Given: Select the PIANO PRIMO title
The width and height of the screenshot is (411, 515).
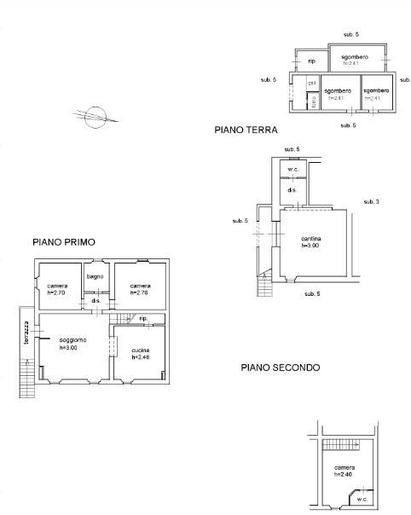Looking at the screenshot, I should (x=64, y=242).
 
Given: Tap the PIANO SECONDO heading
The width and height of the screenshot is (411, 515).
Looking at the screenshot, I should (x=280, y=368).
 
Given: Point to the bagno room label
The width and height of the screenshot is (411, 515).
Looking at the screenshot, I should (x=95, y=276).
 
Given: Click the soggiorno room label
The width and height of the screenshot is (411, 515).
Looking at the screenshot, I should (x=67, y=340).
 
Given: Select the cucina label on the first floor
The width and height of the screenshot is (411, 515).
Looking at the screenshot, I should (x=141, y=350).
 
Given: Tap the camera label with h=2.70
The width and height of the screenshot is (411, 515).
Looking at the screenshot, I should (x=57, y=286).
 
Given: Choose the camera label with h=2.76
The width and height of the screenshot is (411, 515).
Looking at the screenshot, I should (x=140, y=286).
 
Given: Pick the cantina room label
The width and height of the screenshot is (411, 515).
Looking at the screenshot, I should (x=310, y=238).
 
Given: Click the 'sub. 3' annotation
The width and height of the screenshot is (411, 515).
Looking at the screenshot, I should (x=371, y=201).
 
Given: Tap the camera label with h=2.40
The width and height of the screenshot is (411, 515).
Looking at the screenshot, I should (x=344, y=468).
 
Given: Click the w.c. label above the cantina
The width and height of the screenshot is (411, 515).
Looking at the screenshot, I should (x=292, y=169).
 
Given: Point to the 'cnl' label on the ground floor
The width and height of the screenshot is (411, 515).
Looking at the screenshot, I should (x=312, y=83).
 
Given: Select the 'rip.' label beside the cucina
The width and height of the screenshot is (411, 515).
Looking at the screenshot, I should (x=143, y=318).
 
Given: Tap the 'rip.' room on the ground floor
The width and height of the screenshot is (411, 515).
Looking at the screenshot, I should (x=312, y=61).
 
